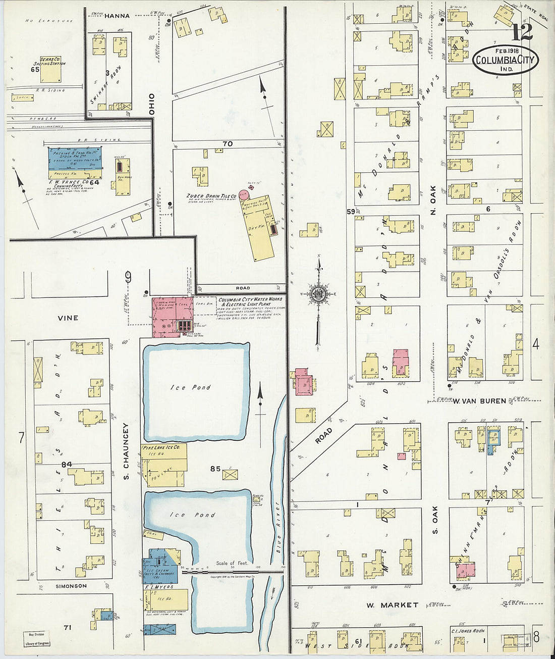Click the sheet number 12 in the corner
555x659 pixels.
pos(522,33)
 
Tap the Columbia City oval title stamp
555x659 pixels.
pos(506,60)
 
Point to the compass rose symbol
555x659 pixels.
pos(318,293)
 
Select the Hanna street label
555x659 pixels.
pos(117,16)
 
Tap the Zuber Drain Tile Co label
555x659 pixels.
pos(211,195)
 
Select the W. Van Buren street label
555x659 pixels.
pos(479,401)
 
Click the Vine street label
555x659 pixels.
pos(68,318)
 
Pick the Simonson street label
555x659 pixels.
pos(71,586)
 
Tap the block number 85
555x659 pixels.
pos(215,469)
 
